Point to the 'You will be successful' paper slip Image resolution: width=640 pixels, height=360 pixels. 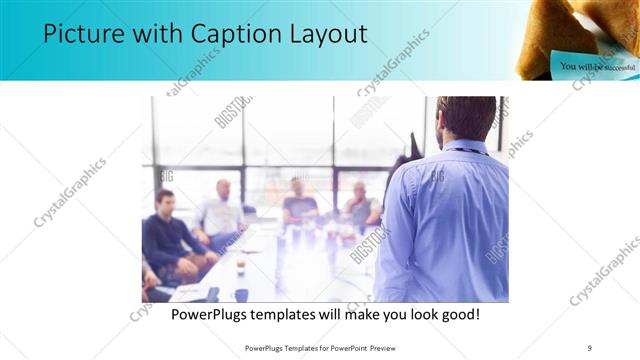click(597, 66)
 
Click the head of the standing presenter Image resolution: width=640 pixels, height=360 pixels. click(467, 118)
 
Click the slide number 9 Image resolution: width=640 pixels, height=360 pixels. click(590, 347)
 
